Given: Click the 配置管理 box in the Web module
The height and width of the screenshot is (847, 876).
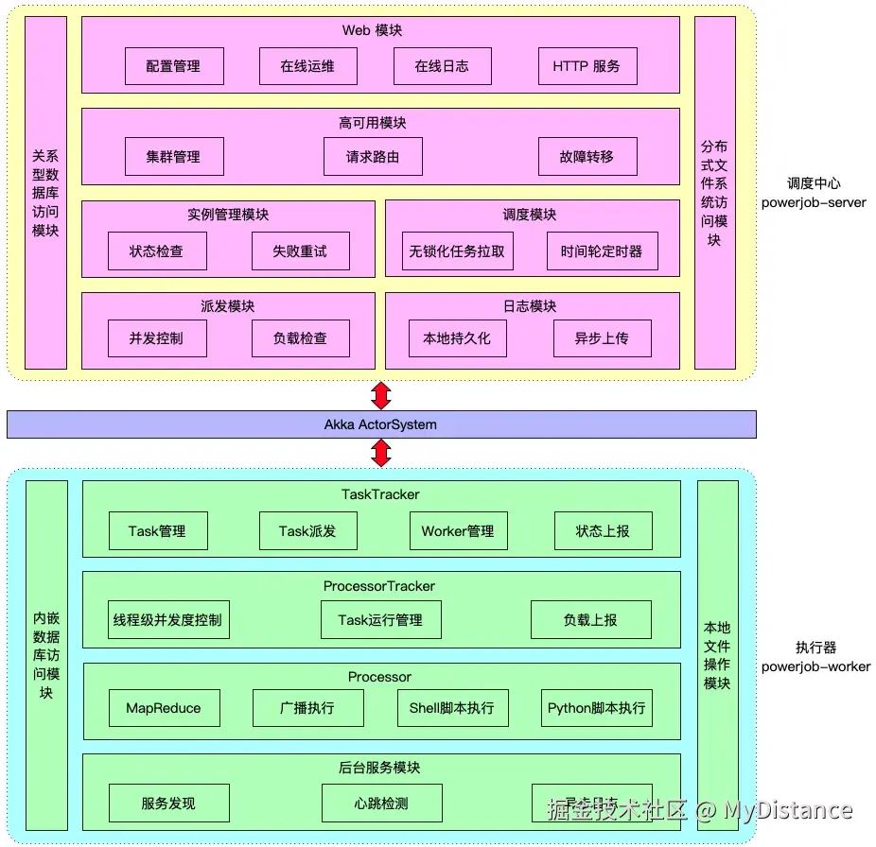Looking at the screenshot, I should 174,66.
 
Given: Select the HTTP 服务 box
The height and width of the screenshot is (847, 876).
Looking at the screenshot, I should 587,66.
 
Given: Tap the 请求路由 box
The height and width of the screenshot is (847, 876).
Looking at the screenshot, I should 372,157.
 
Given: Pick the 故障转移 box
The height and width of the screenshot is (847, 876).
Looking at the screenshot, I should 587,157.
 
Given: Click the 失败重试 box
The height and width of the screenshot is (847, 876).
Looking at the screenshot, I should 300,251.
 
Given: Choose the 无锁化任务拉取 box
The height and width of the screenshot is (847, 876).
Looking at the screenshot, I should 457,251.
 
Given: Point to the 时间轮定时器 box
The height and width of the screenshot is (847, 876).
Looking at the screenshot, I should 602,251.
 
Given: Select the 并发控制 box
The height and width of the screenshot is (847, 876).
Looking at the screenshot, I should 156,338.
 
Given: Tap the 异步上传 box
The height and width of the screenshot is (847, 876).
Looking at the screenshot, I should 602,338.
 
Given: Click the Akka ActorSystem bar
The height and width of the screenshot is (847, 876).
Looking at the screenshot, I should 380,424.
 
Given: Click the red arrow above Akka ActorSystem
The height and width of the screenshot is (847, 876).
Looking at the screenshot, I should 381,395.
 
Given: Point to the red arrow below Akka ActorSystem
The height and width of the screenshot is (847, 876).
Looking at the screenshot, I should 381,454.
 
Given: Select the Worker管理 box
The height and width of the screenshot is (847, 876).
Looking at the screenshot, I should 458,531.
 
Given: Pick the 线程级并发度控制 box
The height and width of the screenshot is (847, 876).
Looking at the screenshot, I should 167,620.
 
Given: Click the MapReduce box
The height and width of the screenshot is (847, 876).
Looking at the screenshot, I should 163,708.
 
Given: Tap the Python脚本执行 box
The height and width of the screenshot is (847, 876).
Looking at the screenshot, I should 597,708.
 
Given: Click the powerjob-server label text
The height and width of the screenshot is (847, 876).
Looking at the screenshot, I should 814,202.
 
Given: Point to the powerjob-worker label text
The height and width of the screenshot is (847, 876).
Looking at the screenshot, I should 815,666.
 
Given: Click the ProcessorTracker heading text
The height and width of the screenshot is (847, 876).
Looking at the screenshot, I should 379,586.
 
